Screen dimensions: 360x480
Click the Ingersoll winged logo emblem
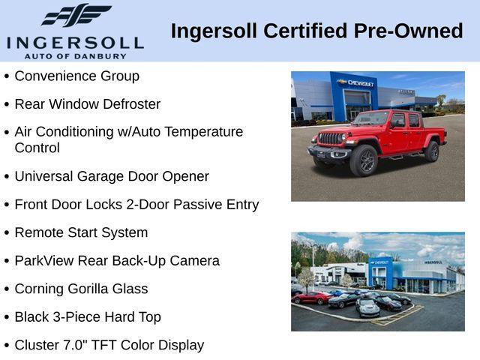pyautogui.click(x=76, y=16)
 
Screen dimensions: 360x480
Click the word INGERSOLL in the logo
pyautogui.click(x=74, y=42)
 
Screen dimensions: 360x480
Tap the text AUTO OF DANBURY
pyautogui.click(x=74, y=55)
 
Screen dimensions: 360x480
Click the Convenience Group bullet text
pyautogui.click(x=76, y=76)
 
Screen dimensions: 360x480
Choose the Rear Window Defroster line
pyautogui.click(x=87, y=104)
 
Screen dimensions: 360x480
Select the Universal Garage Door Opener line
pyautogui.click(x=112, y=176)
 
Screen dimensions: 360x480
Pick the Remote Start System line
pyautogui.click(x=81, y=232)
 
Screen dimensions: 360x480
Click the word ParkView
pyautogui.click(x=43, y=261)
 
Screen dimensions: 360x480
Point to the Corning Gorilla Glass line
pyautogui.click(x=81, y=289)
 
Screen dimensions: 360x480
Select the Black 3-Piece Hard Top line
pyautogui.click(x=87, y=317)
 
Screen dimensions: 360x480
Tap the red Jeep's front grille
pyautogui.click(x=331, y=139)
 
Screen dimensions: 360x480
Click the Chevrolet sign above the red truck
pyautogui.click(x=355, y=82)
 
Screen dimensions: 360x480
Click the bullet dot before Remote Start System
pyautogui.click(x=7, y=233)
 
